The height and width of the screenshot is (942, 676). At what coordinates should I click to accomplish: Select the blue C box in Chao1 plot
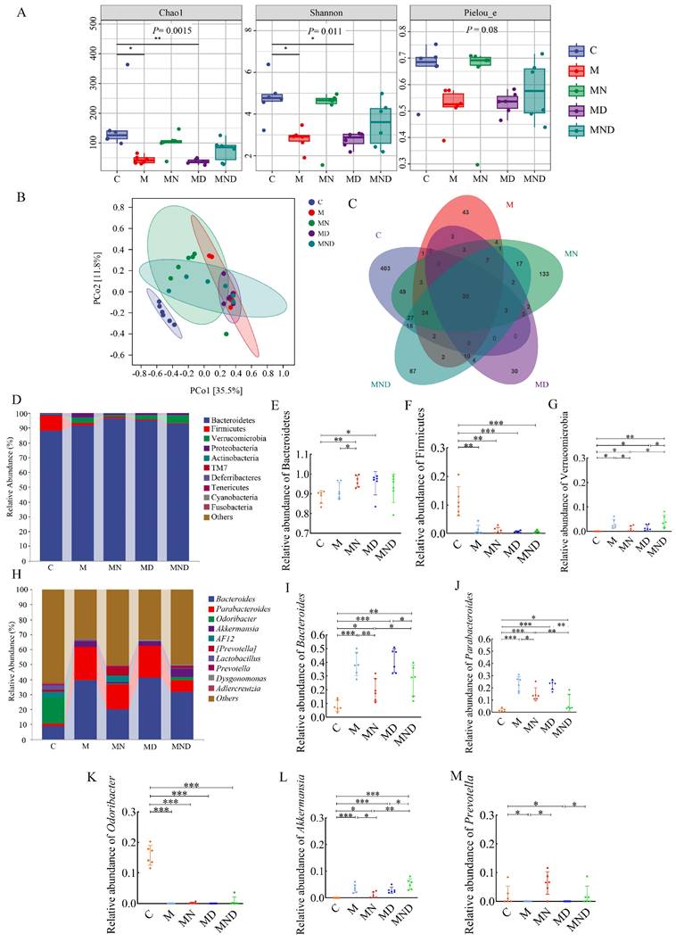pos(117,135)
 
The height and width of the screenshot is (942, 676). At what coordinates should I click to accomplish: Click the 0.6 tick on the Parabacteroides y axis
pos(483,640)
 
